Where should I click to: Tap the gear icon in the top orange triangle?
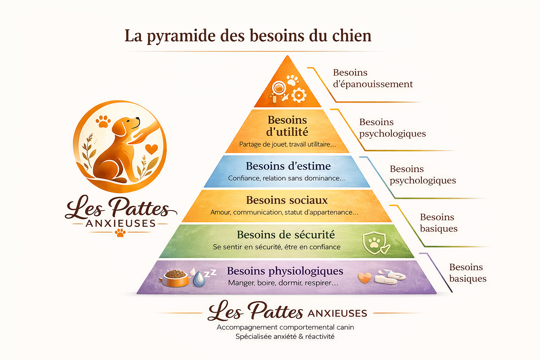coord(299,95)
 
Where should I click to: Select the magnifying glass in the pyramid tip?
coord(278,88)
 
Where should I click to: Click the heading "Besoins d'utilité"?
coord(287,126)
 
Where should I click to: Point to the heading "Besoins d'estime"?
coord(288,166)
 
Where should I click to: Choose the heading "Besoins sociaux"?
coord(287,200)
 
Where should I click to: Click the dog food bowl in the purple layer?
coord(175,278)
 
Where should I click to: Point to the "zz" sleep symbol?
coord(210,273)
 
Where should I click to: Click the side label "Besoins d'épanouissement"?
coord(372,78)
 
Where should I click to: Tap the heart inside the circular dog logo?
coord(152,149)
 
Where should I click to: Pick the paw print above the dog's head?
coord(103,121)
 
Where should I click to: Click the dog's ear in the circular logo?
coord(120,128)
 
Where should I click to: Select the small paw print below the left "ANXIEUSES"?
coord(120,233)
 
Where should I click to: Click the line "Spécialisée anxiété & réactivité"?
coord(285,336)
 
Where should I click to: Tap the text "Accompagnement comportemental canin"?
coord(285,327)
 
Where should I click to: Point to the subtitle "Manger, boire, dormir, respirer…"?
coord(283,283)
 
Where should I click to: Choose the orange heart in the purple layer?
coord(364,278)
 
